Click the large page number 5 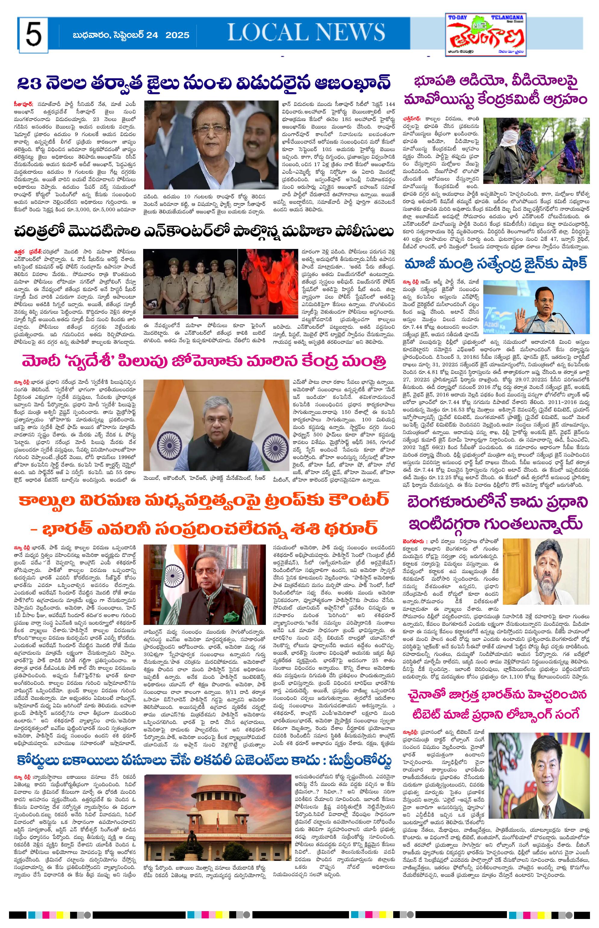pos(34,35)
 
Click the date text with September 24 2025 pos(131,36)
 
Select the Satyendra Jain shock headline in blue pos(496,265)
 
